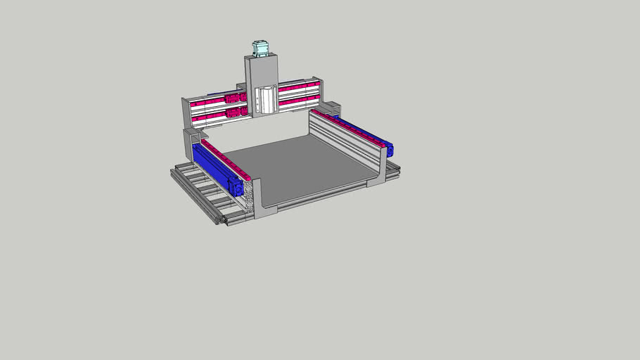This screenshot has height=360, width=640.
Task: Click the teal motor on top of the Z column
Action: (261, 49)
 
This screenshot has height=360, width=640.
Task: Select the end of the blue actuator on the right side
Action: (389, 149)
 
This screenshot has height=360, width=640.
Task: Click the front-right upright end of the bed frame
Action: (378, 172)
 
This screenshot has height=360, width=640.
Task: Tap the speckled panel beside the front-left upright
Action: (248, 197)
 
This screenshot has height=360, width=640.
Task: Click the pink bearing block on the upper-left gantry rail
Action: (232, 98)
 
